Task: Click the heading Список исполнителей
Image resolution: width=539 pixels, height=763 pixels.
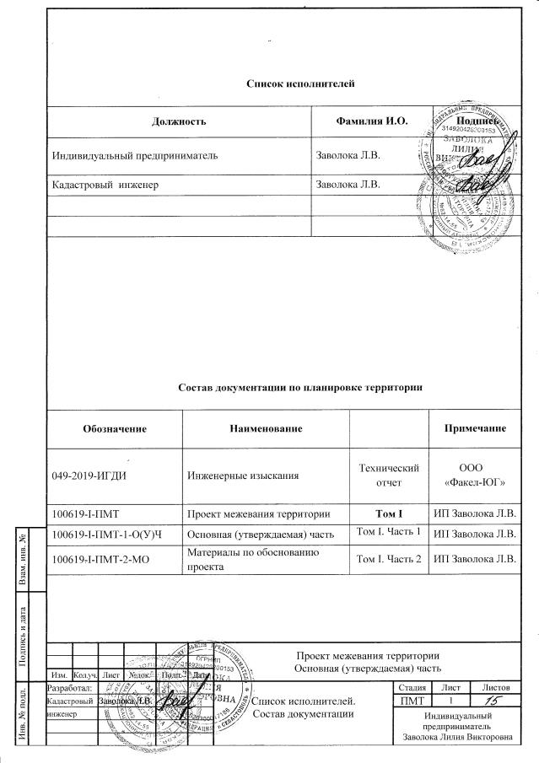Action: click(299, 83)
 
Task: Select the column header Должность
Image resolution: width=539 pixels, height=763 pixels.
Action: click(179, 121)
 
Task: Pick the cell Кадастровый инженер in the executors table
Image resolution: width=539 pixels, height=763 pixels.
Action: click(105, 183)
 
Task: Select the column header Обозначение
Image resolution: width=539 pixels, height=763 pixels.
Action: click(115, 428)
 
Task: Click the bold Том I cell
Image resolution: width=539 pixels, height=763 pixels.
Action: click(385, 513)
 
